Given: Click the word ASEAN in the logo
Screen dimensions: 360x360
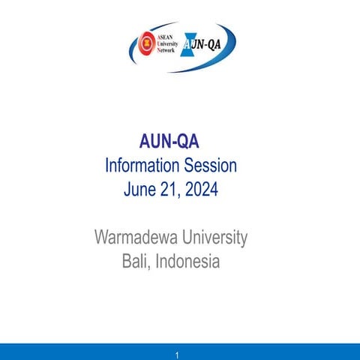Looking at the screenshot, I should click(x=166, y=37).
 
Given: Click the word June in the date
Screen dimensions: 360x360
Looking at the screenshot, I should click(x=140, y=189).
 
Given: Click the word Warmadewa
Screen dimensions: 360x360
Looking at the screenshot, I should click(x=133, y=238).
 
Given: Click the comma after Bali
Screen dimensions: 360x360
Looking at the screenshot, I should click(x=150, y=268).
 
